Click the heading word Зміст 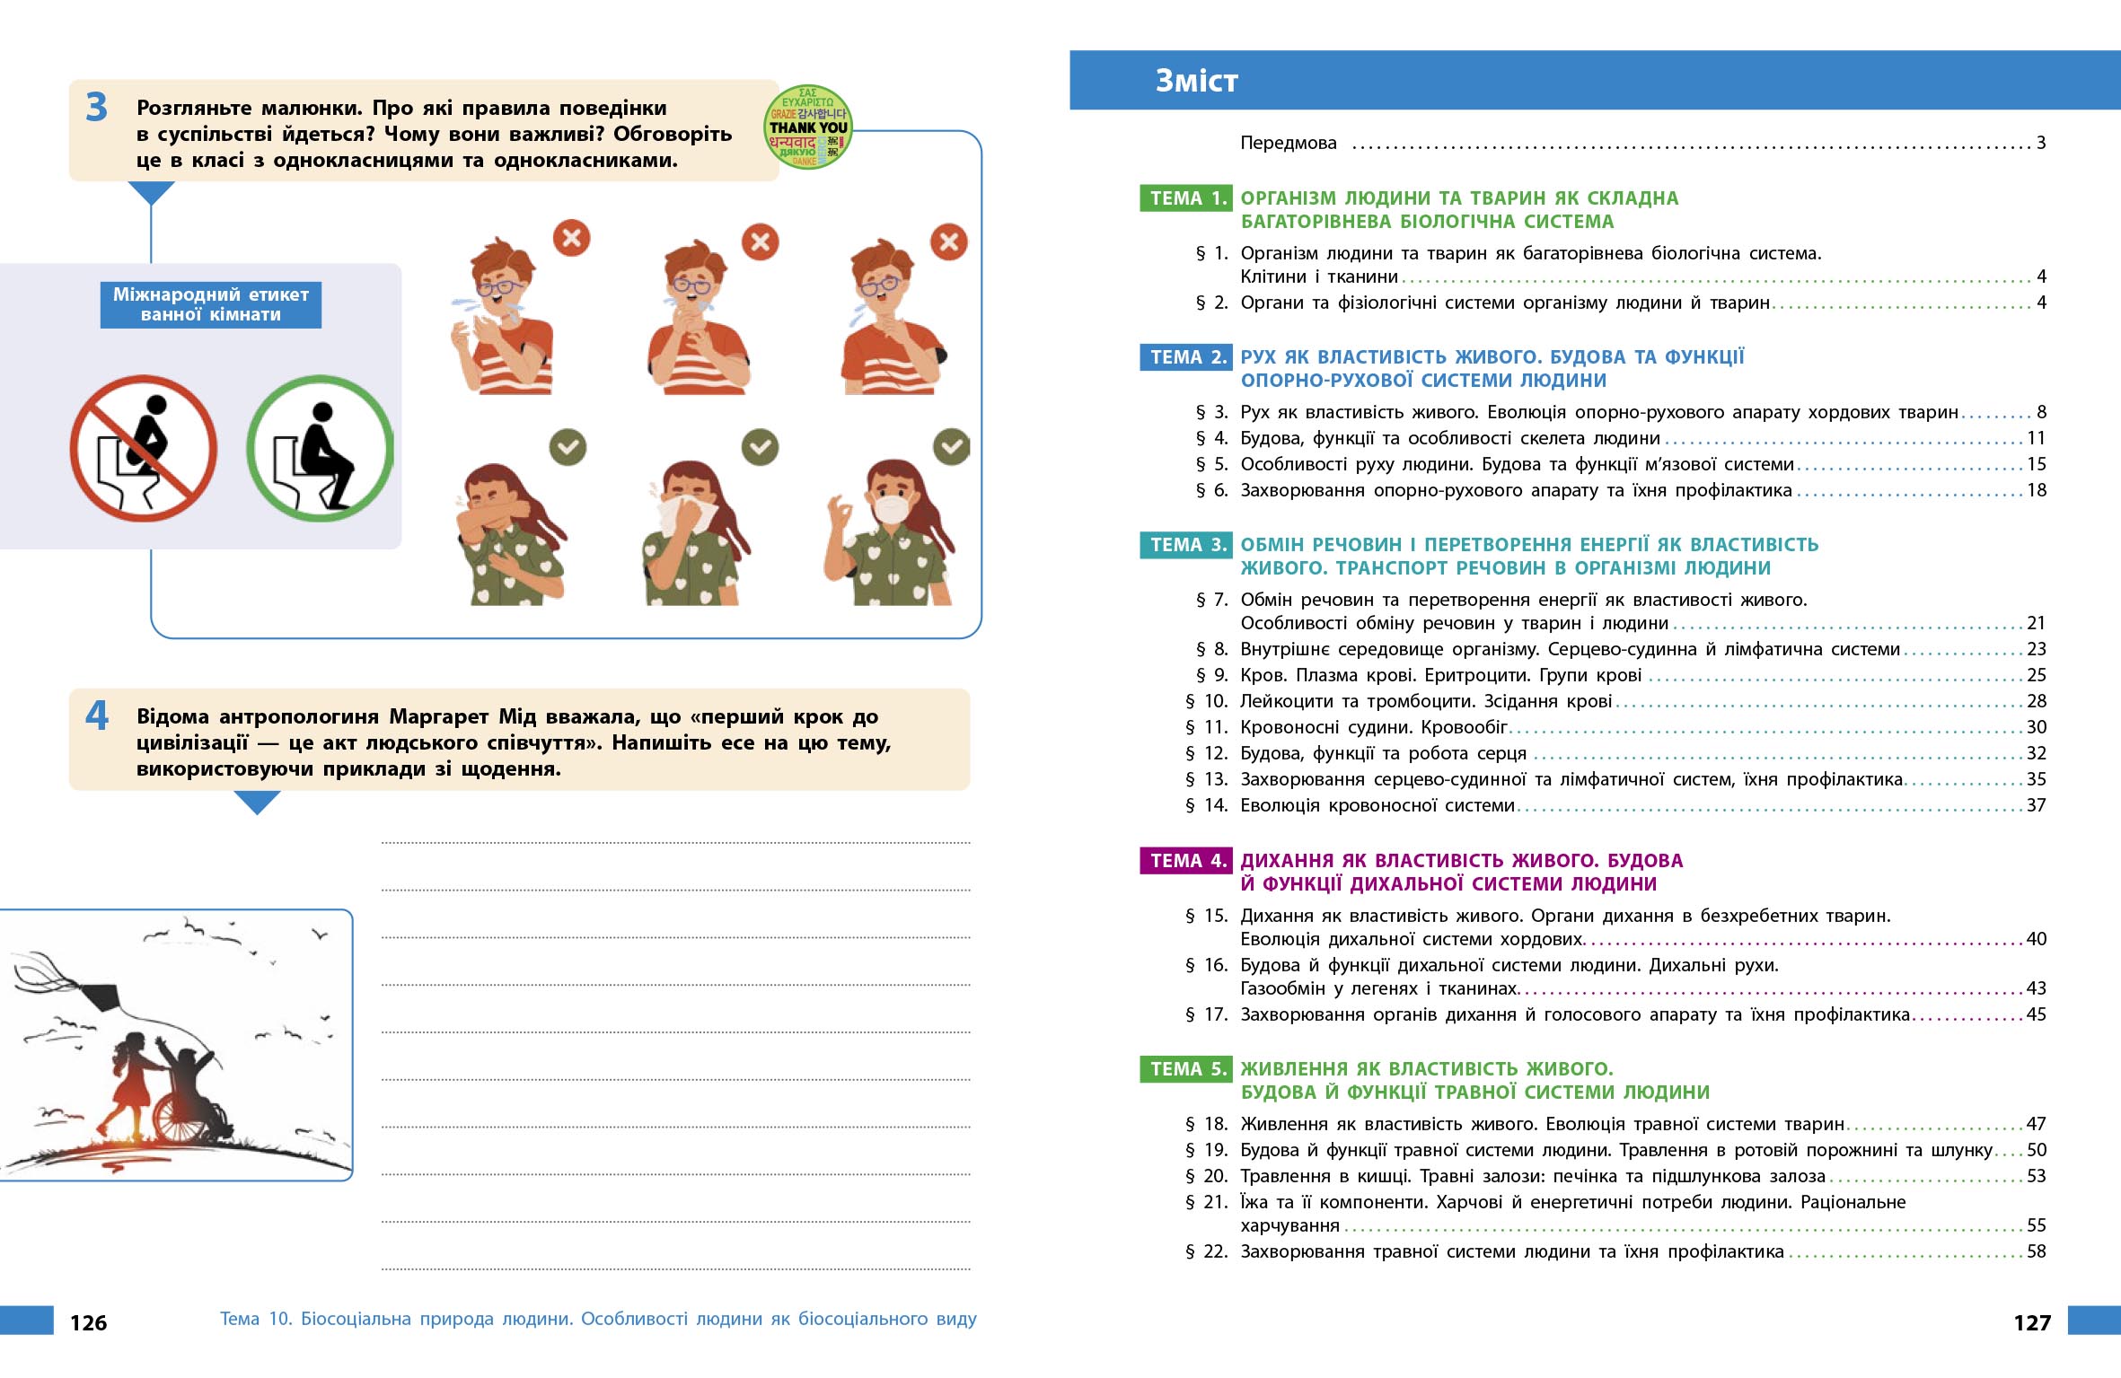(1196, 81)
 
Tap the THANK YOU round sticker (807, 127)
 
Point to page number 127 (2032, 1322)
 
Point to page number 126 (88, 1322)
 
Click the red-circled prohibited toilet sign (144, 448)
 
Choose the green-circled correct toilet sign (320, 448)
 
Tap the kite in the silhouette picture (99, 996)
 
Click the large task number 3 (96, 108)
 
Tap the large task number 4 (96, 715)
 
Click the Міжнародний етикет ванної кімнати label (210, 304)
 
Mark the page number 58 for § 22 (2036, 1251)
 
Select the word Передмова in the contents (1288, 143)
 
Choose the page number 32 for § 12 (2036, 753)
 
